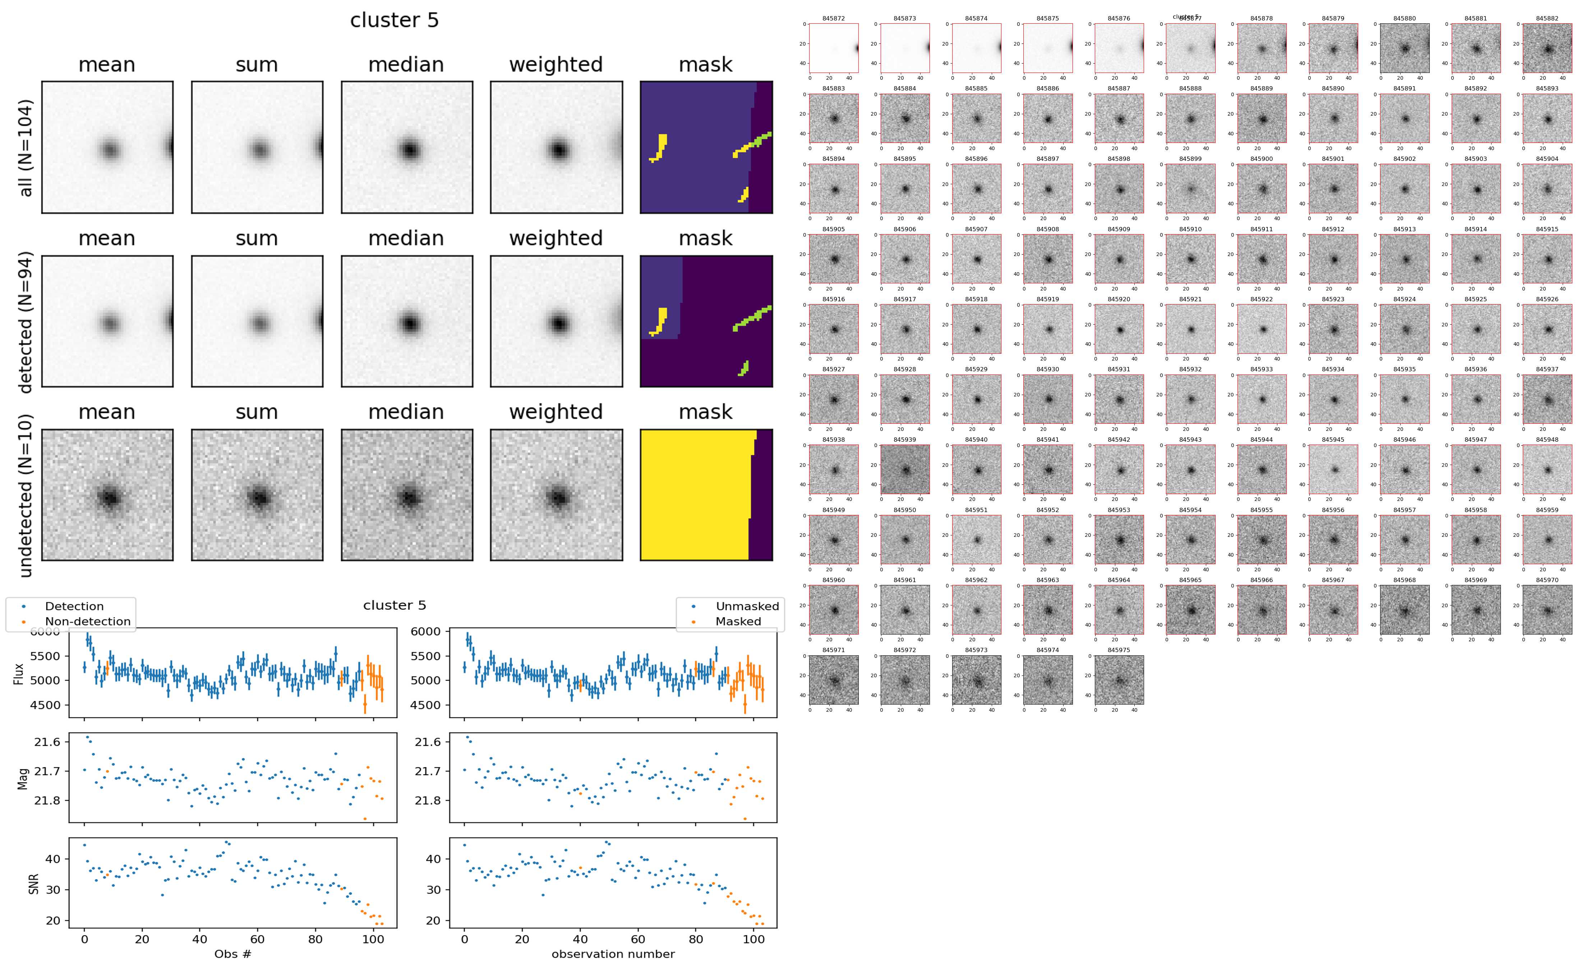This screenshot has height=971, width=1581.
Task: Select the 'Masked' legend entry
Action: click(737, 621)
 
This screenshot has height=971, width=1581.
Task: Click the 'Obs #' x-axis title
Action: click(232, 954)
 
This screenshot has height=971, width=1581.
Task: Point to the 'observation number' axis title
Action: click(613, 954)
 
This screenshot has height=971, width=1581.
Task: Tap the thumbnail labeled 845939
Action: click(904, 469)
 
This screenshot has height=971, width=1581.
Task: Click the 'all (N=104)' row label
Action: click(26, 148)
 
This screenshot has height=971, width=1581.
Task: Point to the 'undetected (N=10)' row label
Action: click(26, 495)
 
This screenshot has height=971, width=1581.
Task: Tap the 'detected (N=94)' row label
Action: click(26, 322)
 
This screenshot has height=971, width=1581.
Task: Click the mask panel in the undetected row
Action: click(706, 495)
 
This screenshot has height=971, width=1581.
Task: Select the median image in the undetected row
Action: click(407, 495)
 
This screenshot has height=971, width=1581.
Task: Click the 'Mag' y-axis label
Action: click(23, 778)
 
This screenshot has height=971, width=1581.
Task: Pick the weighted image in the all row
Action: click(556, 148)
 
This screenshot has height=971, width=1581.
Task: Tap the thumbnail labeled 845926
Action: click(1547, 329)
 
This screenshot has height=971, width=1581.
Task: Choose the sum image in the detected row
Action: click(257, 322)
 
